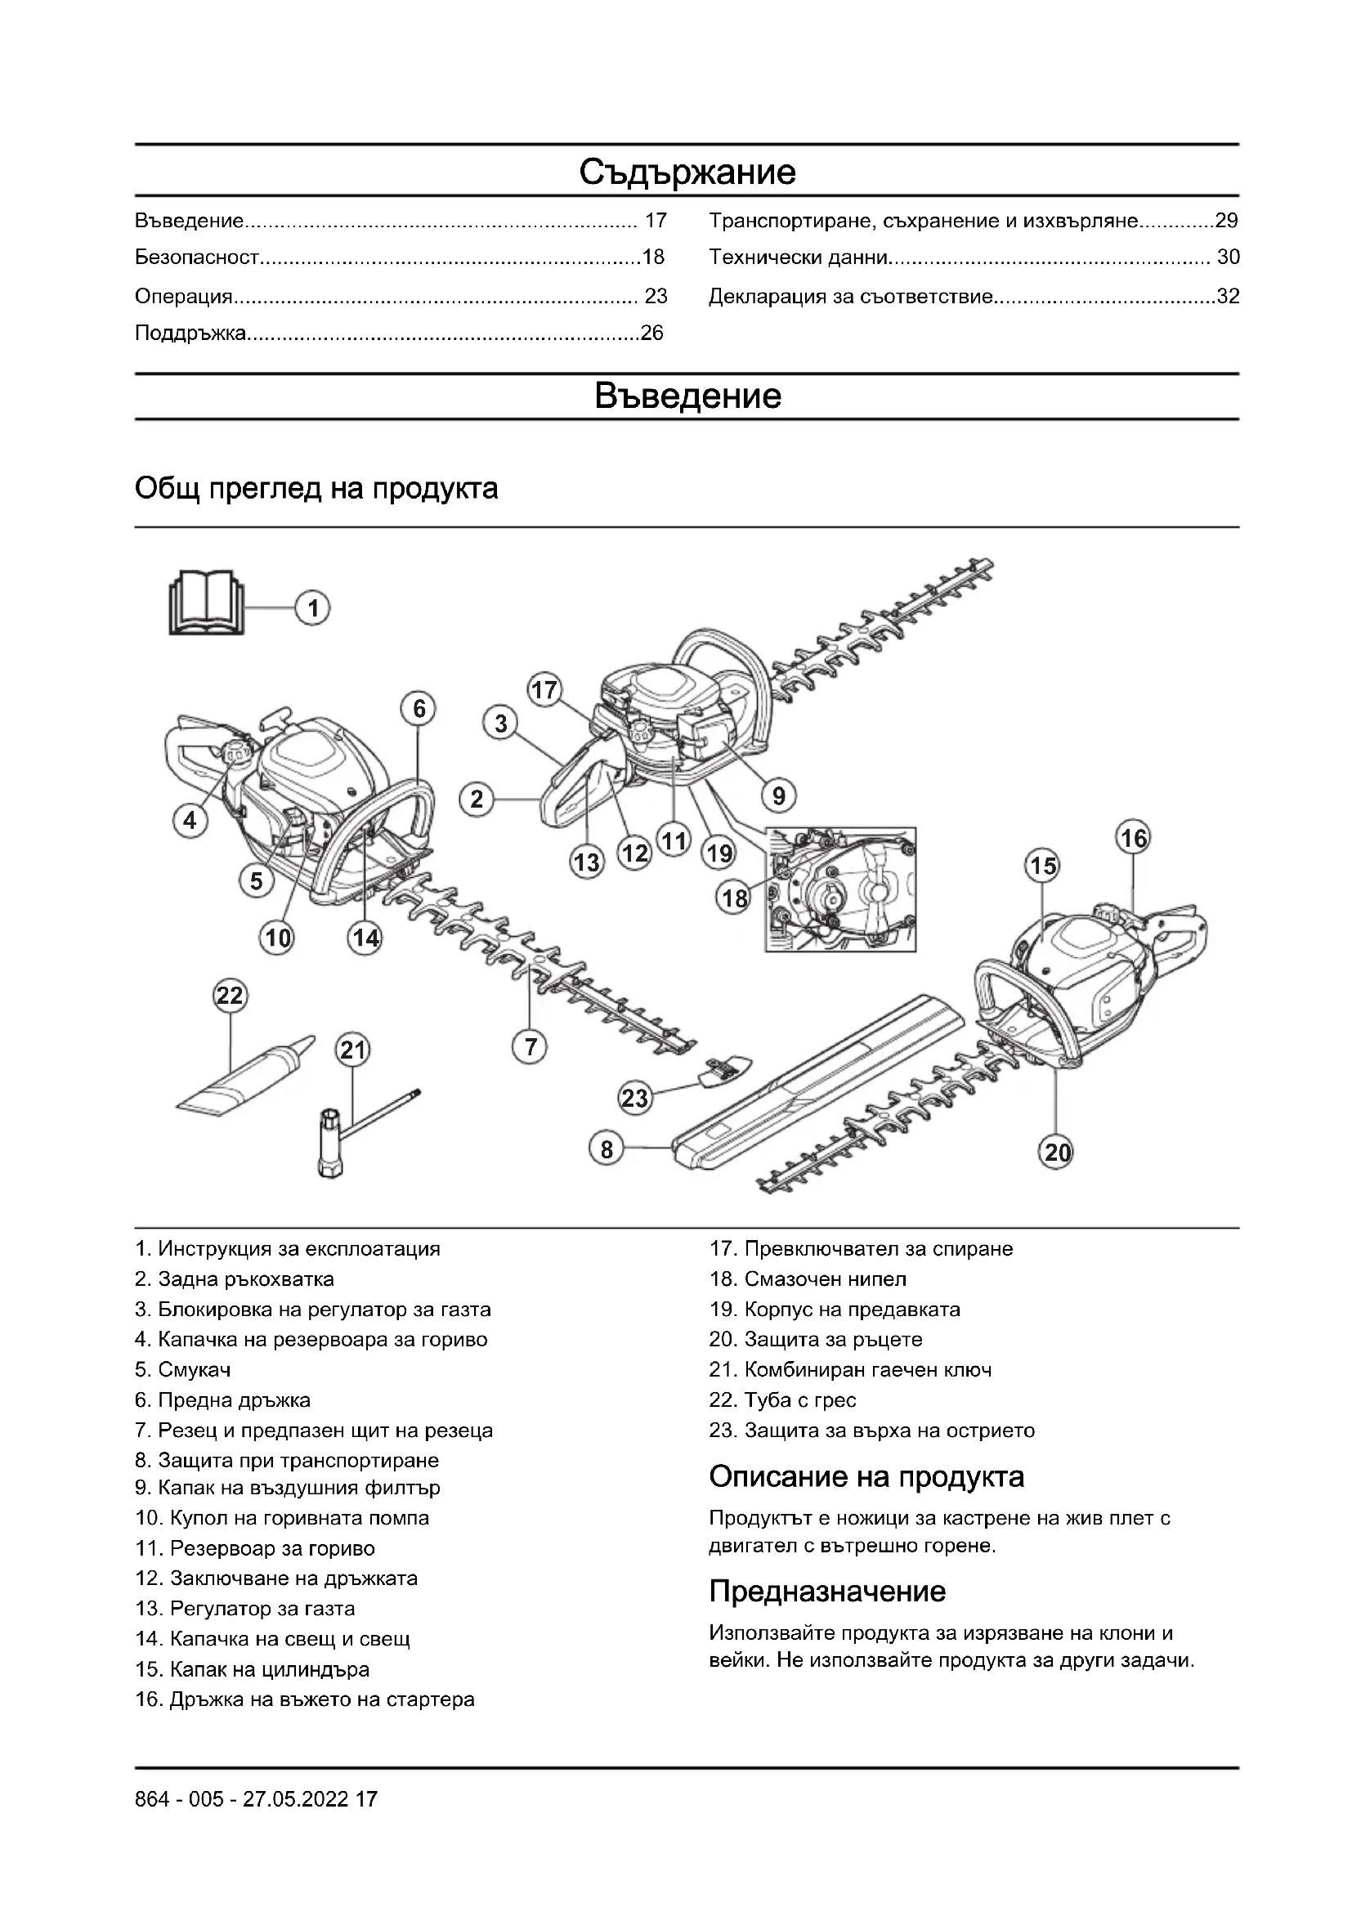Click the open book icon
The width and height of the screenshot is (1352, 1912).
click(207, 603)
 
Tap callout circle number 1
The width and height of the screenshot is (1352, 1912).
click(313, 609)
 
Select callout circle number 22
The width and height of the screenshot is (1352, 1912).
click(230, 996)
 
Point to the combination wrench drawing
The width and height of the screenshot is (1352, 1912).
click(358, 1129)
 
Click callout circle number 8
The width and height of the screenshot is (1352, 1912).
click(606, 1150)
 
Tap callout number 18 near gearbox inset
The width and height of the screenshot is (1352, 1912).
click(735, 898)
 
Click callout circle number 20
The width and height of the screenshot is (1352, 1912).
click(1057, 1153)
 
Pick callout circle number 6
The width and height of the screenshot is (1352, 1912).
click(419, 709)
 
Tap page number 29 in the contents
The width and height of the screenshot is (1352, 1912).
click(1226, 221)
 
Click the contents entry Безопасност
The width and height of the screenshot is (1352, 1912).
click(197, 257)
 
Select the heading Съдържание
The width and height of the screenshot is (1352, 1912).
click(687, 172)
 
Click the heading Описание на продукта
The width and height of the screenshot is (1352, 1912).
click(866, 1476)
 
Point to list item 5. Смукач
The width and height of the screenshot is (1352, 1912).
click(183, 1370)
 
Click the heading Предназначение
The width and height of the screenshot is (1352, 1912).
click(826, 1592)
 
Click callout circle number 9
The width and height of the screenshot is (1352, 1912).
click(778, 796)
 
